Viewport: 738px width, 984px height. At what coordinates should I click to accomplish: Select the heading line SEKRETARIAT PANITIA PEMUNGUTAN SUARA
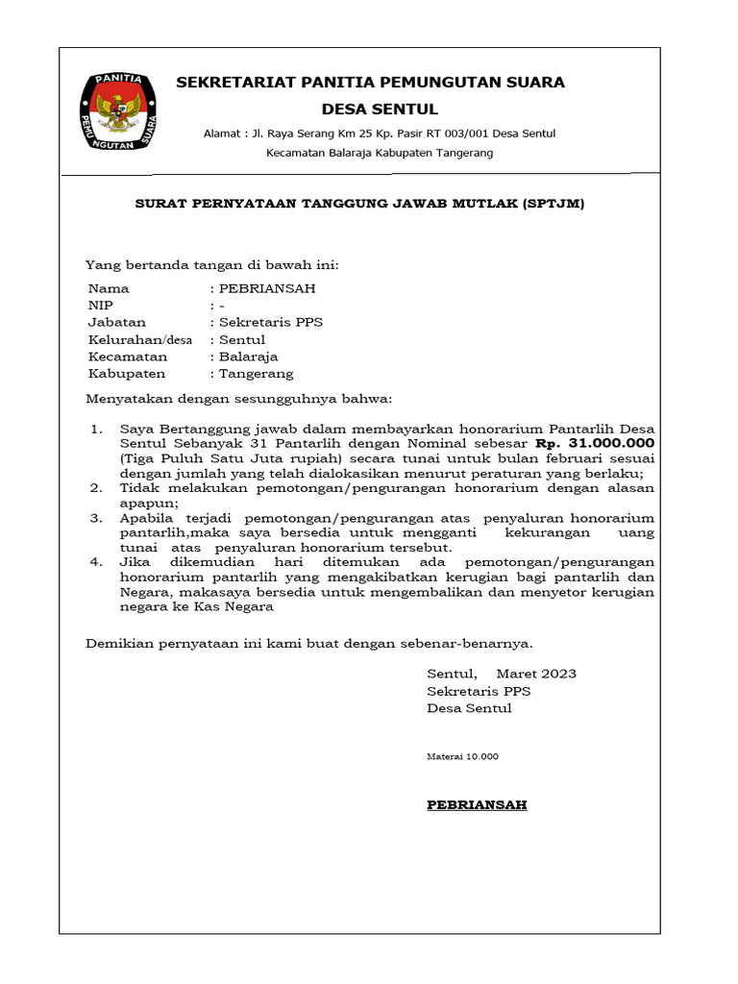[x=370, y=83]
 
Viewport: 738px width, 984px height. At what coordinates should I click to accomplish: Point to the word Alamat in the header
[x=222, y=134]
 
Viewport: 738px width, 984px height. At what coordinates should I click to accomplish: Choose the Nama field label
[x=109, y=288]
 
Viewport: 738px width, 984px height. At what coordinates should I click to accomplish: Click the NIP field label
[x=101, y=306]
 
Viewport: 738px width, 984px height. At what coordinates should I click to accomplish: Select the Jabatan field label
[x=117, y=323]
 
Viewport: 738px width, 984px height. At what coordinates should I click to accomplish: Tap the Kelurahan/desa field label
[x=140, y=340]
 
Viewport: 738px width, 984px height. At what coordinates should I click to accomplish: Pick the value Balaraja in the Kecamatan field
[x=249, y=357]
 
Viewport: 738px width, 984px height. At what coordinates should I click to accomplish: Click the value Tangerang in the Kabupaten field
[x=257, y=374]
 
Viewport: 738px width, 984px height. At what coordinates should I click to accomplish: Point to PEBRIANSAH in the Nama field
[x=267, y=288]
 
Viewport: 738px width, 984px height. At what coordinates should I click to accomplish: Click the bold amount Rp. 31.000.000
[x=595, y=444]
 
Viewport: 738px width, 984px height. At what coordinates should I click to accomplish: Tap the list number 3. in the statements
[x=96, y=518]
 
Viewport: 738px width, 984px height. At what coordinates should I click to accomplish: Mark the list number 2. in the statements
[x=96, y=488]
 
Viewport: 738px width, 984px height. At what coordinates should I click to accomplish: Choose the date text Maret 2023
[x=536, y=674]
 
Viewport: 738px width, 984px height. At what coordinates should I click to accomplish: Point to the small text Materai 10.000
[x=462, y=757]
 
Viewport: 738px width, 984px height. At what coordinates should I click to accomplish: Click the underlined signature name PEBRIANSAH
[x=477, y=805]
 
